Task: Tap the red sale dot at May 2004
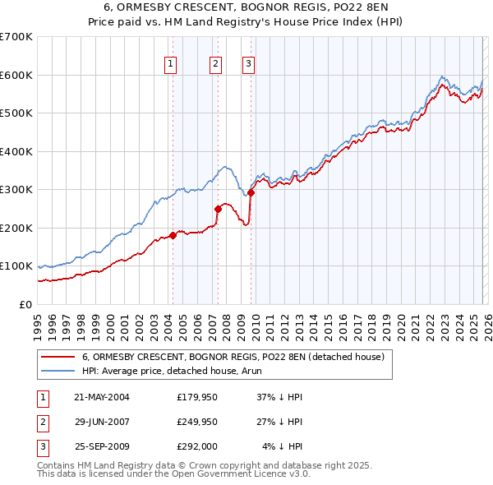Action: coord(173,235)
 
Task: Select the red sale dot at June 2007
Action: coord(219,209)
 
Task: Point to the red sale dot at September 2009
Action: coord(251,192)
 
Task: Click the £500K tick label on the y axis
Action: coord(16,113)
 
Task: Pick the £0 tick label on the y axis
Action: coord(25,304)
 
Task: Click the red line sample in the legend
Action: coord(58,357)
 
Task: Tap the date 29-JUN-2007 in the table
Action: coord(102,422)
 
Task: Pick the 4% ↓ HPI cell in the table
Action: coord(282,446)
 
